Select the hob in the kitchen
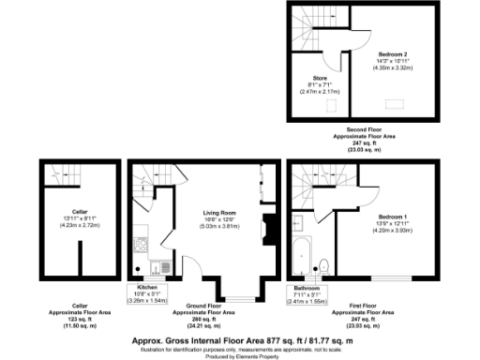(x=140, y=247)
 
